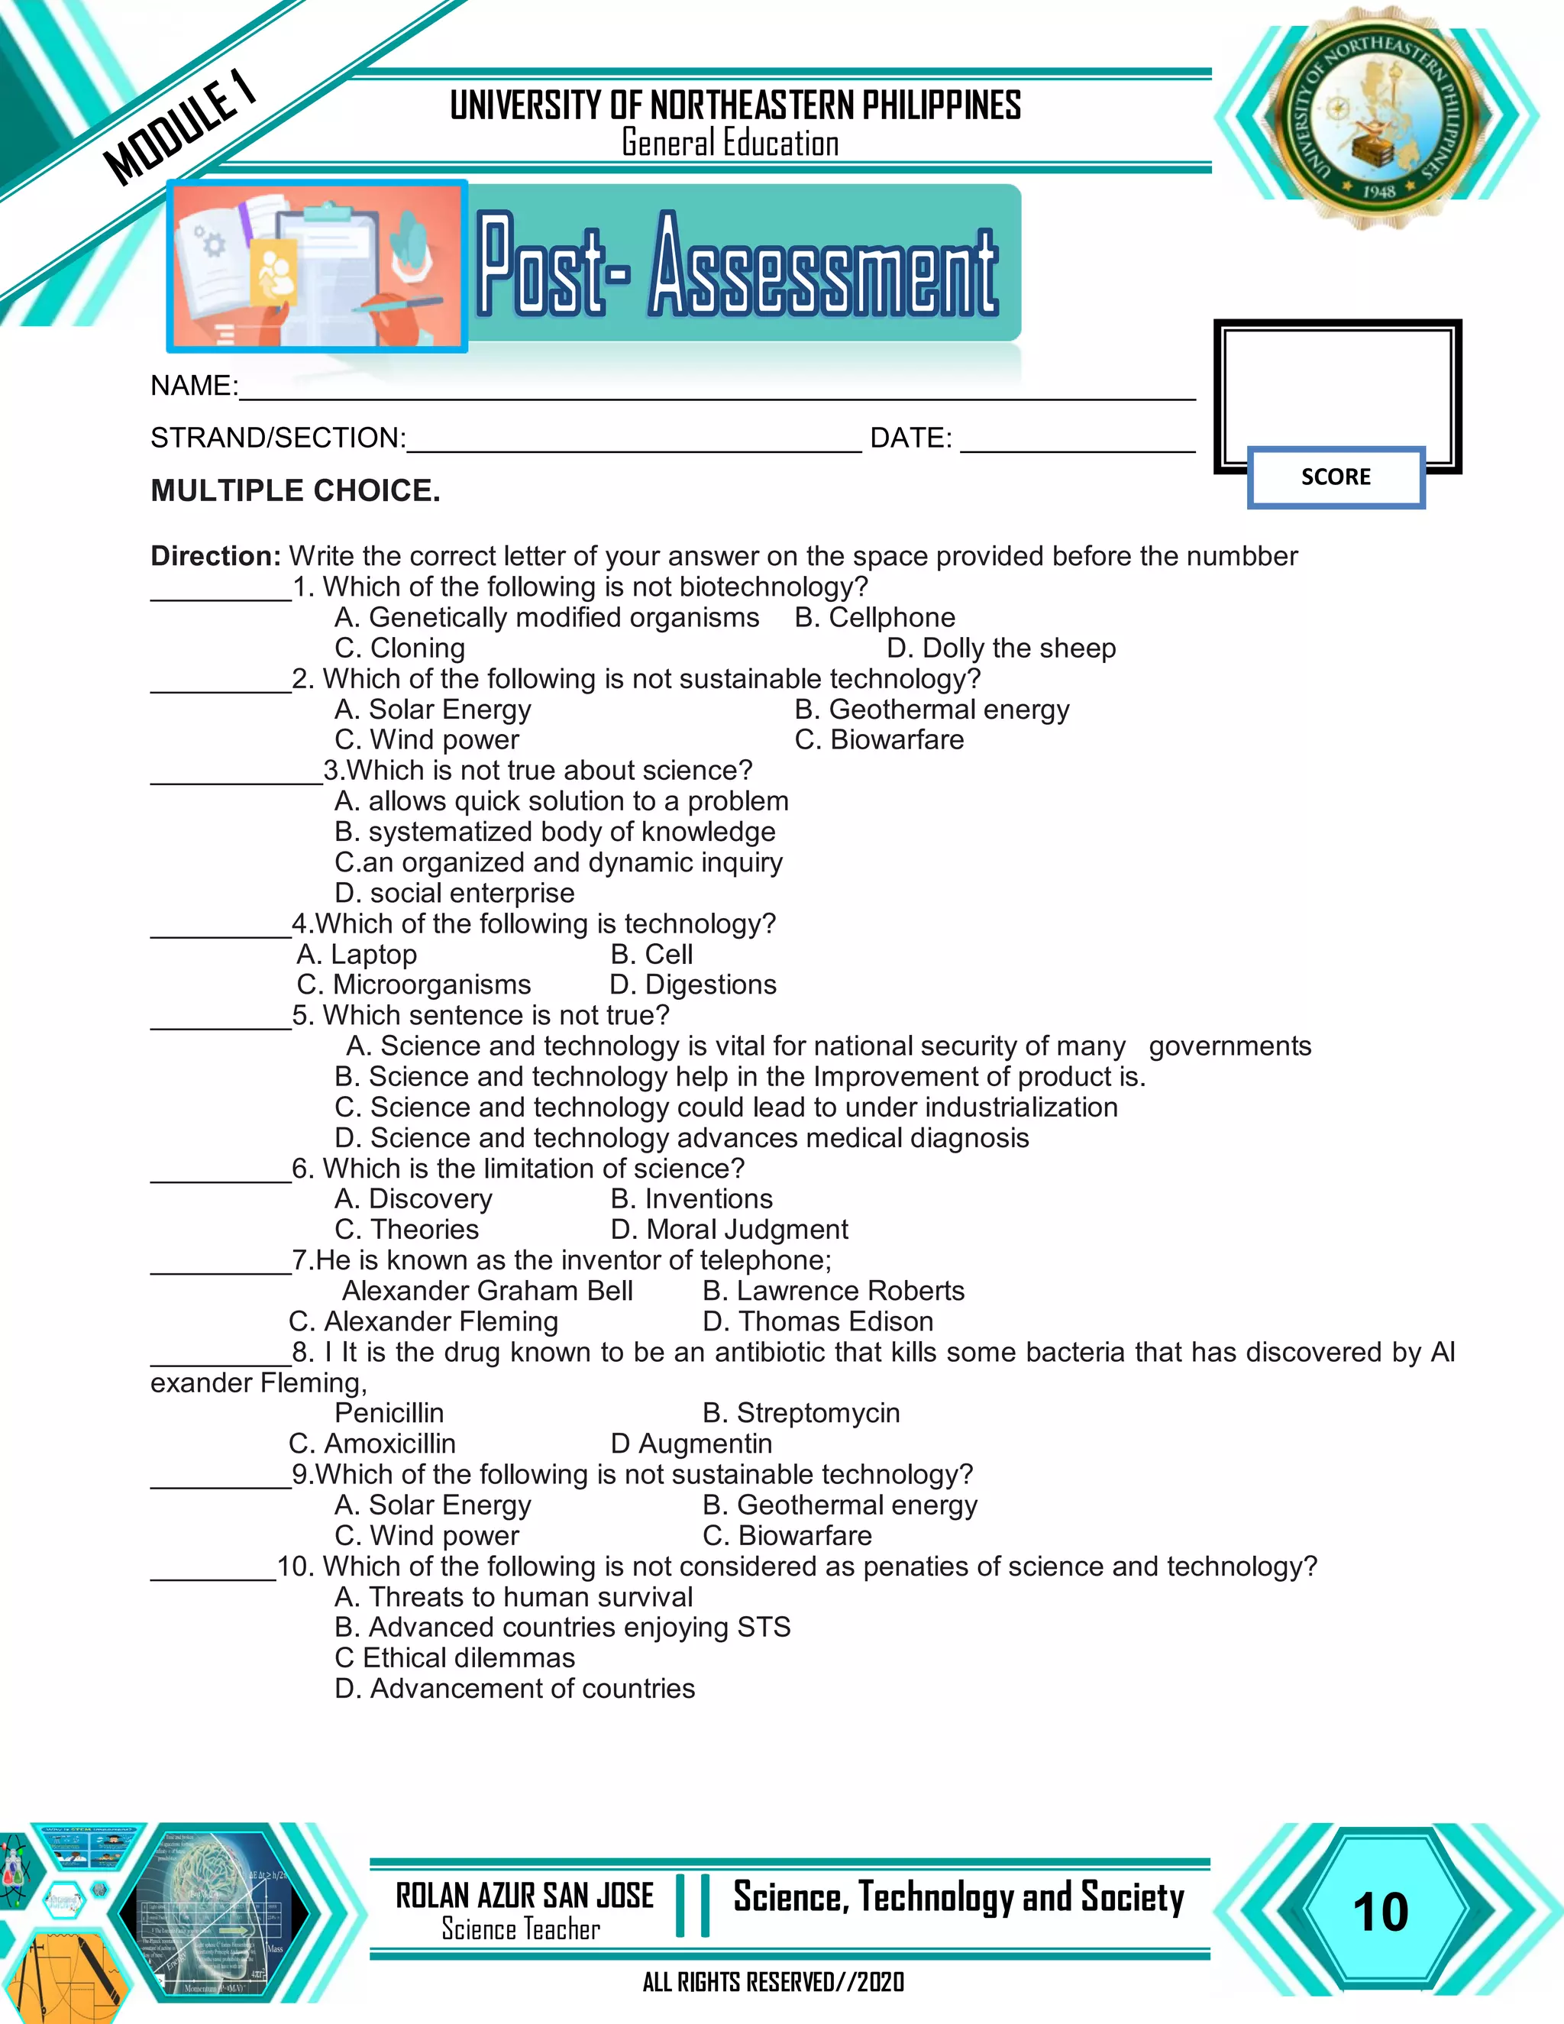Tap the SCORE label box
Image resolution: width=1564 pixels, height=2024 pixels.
tap(1335, 477)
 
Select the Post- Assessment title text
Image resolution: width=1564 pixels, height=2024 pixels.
tap(738, 265)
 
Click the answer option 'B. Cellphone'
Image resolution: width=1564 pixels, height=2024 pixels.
tap(874, 617)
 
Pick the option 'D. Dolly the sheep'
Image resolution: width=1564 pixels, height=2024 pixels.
tap(1000, 648)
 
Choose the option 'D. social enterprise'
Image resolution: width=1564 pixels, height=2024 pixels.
tap(454, 892)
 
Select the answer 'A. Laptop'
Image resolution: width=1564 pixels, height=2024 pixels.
tap(357, 954)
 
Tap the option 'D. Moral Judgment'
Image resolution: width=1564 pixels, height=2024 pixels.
tap(729, 1229)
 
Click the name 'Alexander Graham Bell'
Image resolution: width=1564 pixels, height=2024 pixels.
tap(487, 1290)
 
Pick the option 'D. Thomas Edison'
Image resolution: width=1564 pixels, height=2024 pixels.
tap(817, 1321)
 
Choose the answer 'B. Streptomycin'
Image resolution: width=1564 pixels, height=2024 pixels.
tap(800, 1412)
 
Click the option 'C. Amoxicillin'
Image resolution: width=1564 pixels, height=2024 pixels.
tap(372, 1443)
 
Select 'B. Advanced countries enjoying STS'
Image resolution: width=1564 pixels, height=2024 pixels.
tap(562, 1626)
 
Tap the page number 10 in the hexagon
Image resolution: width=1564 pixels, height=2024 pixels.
tap(1380, 1911)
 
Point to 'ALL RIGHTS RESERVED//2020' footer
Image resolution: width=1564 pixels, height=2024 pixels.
tap(773, 1981)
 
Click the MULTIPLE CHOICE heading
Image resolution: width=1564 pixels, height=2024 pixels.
tap(296, 490)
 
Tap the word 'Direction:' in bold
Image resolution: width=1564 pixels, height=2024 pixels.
tap(215, 556)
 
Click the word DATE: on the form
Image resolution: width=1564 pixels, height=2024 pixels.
tap(910, 438)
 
